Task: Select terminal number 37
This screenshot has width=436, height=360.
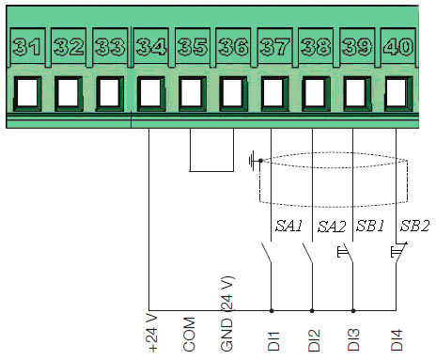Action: point(272,44)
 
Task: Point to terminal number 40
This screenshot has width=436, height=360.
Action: point(397,44)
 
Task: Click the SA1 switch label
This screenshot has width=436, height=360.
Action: point(288,227)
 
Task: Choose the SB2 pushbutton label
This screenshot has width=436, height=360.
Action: point(414,227)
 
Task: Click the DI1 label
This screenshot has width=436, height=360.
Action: point(272,338)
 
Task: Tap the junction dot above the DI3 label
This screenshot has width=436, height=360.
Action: point(353,309)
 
